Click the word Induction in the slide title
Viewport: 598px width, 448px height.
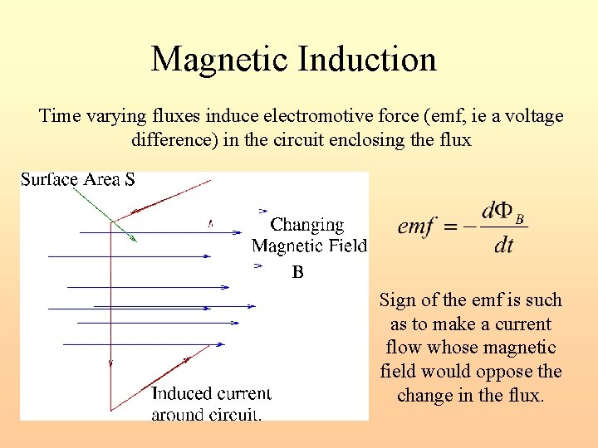click(369, 60)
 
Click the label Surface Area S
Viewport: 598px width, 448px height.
click(78, 180)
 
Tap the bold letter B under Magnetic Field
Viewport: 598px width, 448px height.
click(298, 272)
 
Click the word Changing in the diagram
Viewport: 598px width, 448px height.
click(307, 225)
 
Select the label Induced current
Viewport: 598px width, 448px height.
click(211, 393)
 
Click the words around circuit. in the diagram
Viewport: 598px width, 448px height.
click(206, 413)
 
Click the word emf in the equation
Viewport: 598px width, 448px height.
click(418, 226)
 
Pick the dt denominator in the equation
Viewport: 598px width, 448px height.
click(503, 246)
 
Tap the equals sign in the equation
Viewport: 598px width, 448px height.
click(453, 226)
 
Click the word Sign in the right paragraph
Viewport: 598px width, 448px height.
click(396, 300)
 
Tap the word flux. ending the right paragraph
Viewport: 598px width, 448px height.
click(521, 395)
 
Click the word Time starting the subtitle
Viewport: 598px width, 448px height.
click(60, 116)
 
